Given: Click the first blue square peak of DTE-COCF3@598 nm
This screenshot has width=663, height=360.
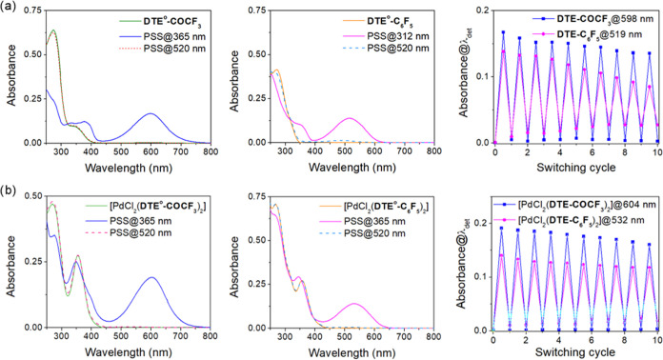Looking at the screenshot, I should (503, 32).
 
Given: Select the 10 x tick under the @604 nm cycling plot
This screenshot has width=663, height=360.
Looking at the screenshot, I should (654, 340).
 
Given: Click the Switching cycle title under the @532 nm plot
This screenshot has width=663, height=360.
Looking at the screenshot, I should (574, 353).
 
